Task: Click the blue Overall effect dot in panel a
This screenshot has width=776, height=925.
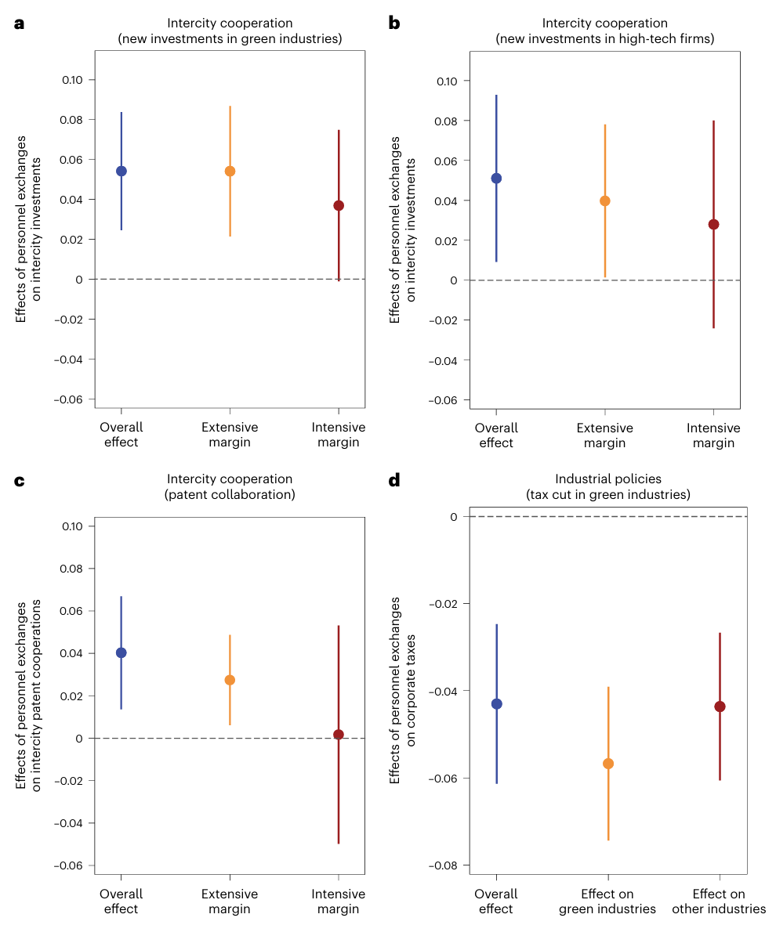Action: [x=121, y=171]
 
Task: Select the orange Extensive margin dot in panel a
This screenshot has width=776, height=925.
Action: [x=230, y=171]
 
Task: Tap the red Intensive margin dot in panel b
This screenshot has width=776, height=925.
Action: [x=713, y=224]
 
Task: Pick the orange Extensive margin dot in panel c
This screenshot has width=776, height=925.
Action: [x=230, y=680]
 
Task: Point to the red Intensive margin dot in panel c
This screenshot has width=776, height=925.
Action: [x=339, y=735]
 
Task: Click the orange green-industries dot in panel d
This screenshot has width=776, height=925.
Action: [x=607, y=764]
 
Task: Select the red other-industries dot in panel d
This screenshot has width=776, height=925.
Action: [x=720, y=706]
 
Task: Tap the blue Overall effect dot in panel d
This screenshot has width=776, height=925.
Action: [x=496, y=703]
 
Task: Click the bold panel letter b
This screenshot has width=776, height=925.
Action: [x=394, y=23]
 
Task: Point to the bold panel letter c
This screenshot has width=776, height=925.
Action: [x=20, y=480]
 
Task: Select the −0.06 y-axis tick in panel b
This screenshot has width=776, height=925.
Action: [x=446, y=400]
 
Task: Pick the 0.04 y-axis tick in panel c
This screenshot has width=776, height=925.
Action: [x=74, y=653]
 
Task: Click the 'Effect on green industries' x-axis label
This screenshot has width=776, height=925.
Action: [x=607, y=902]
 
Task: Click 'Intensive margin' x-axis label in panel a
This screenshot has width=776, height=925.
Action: [x=339, y=435]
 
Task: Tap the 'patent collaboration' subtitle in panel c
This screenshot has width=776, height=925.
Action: [x=230, y=495]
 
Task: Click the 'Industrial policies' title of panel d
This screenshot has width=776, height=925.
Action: [x=607, y=479]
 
